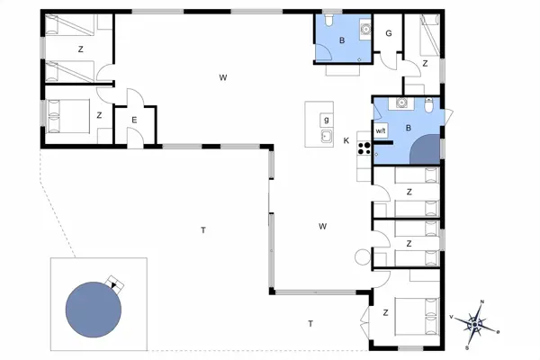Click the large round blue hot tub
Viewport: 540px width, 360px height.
tap(94, 310)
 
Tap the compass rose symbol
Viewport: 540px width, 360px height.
tap(475, 324)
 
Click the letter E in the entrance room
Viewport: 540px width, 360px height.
tap(134, 121)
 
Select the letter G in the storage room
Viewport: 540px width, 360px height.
tap(389, 33)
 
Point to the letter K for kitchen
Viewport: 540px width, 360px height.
tap(346, 140)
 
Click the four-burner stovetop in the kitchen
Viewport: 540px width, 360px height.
tap(364, 148)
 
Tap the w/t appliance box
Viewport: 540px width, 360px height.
tap(381, 130)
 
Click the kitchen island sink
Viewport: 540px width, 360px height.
tap(327, 137)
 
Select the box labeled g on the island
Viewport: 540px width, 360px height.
tap(326, 121)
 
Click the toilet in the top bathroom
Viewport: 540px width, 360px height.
tap(328, 20)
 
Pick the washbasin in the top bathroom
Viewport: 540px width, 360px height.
tap(365, 30)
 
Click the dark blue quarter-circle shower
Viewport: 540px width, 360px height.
tap(426, 149)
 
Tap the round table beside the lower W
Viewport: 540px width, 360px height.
tap(363, 257)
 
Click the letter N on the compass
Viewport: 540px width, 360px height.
tap(482, 302)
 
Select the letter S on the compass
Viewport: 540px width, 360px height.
tap(467, 346)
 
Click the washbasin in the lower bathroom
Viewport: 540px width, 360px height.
tap(401, 103)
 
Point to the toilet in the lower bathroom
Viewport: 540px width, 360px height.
tap(428, 105)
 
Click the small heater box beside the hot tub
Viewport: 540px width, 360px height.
tap(114, 284)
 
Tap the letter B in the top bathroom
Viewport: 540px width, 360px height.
tap(342, 40)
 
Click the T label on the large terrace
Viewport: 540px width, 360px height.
tap(203, 229)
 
